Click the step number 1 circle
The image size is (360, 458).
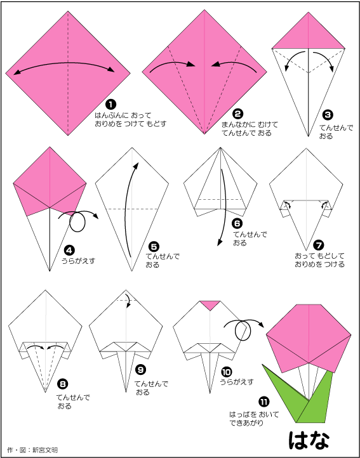pyautogui.click(x=110, y=104)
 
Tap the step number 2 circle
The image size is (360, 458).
pyautogui.click(x=237, y=114)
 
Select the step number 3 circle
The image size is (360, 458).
pyautogui.click(x=327, y=115)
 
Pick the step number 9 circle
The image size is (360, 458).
pyautogui.click(x=141, y=370)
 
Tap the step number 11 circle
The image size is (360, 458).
pyautogui.click(x=264, y=402)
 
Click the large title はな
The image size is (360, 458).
pyautogui.click(x=309, y=440)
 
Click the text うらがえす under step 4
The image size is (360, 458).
pyautogui.click(x=78, y=261)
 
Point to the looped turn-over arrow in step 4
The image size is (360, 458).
pyautogui.click(x=77, y=221)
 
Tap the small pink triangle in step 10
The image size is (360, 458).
pyautogui.click(x=210, y=304)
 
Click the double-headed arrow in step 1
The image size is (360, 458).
pyautogui.click(x=64, y=63)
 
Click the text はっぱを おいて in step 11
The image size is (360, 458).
pyautogui.click(x=254, y=414)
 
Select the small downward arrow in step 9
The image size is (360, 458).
pyautogui.click(x=128, y=300)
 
